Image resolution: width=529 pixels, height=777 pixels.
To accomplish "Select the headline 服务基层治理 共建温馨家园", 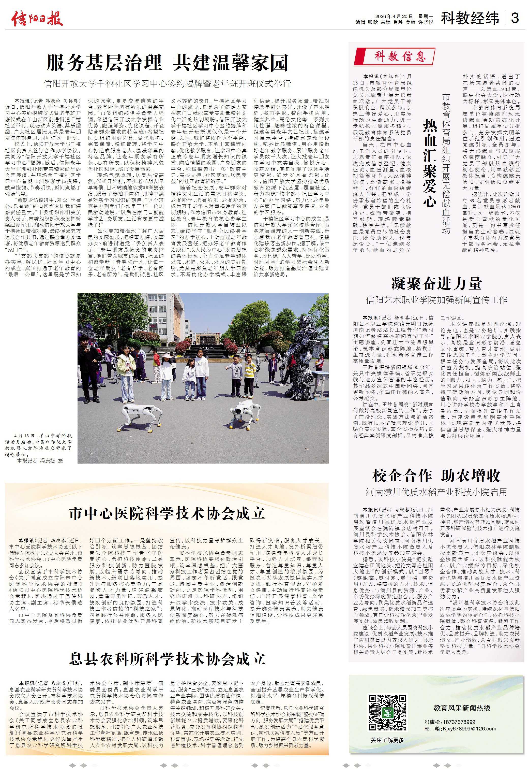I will coord(167,63).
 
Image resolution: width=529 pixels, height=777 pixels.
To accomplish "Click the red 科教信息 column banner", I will coord(395,56).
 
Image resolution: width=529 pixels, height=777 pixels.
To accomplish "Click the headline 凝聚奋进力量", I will coord(436,283).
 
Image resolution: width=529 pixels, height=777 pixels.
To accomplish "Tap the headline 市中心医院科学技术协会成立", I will coord(167,513).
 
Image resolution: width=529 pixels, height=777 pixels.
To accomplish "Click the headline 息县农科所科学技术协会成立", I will coord(167,658).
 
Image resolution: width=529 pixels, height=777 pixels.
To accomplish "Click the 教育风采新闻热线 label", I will coord(462,708).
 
